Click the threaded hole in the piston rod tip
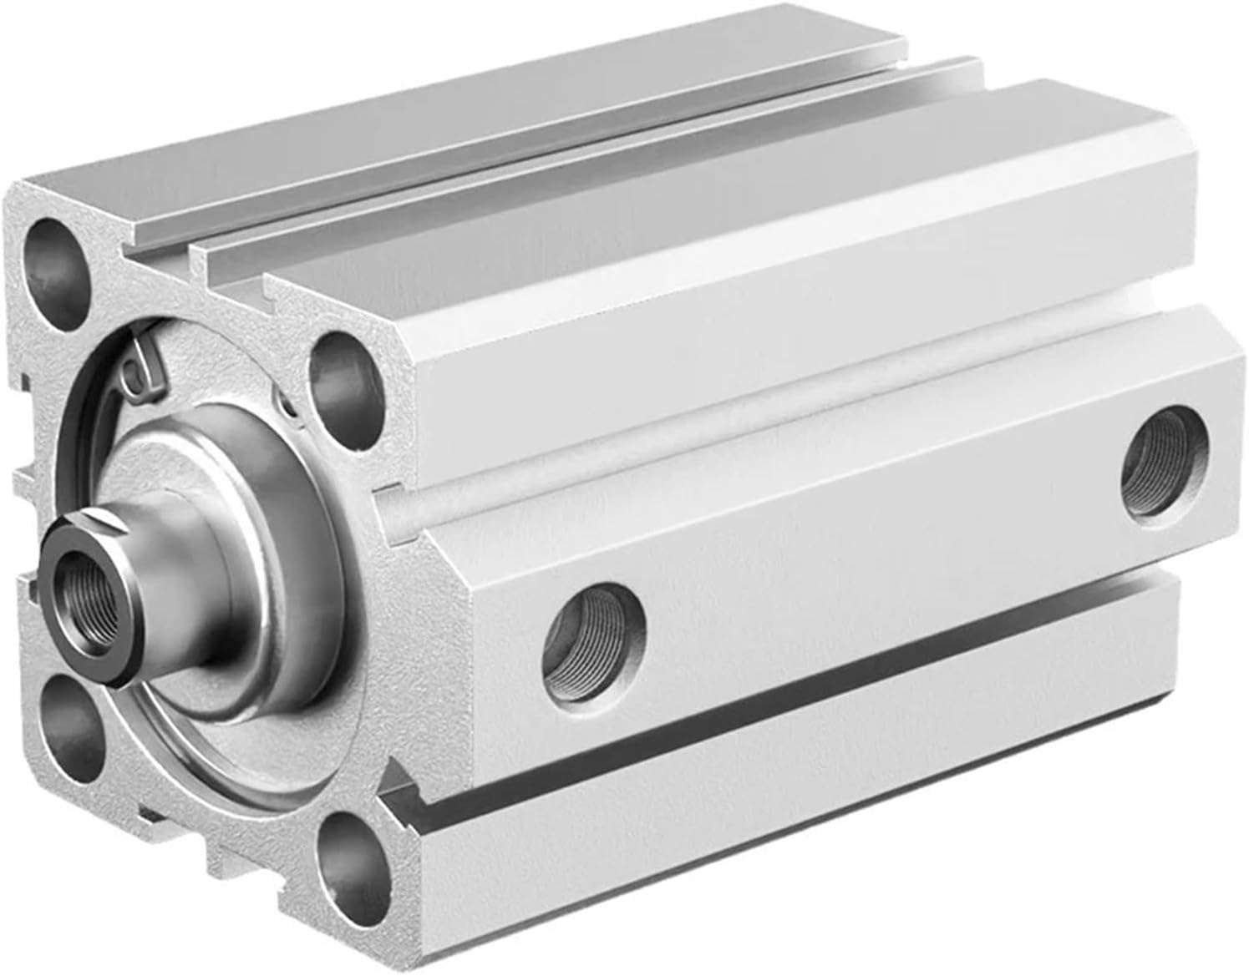[x=79, y=584]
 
